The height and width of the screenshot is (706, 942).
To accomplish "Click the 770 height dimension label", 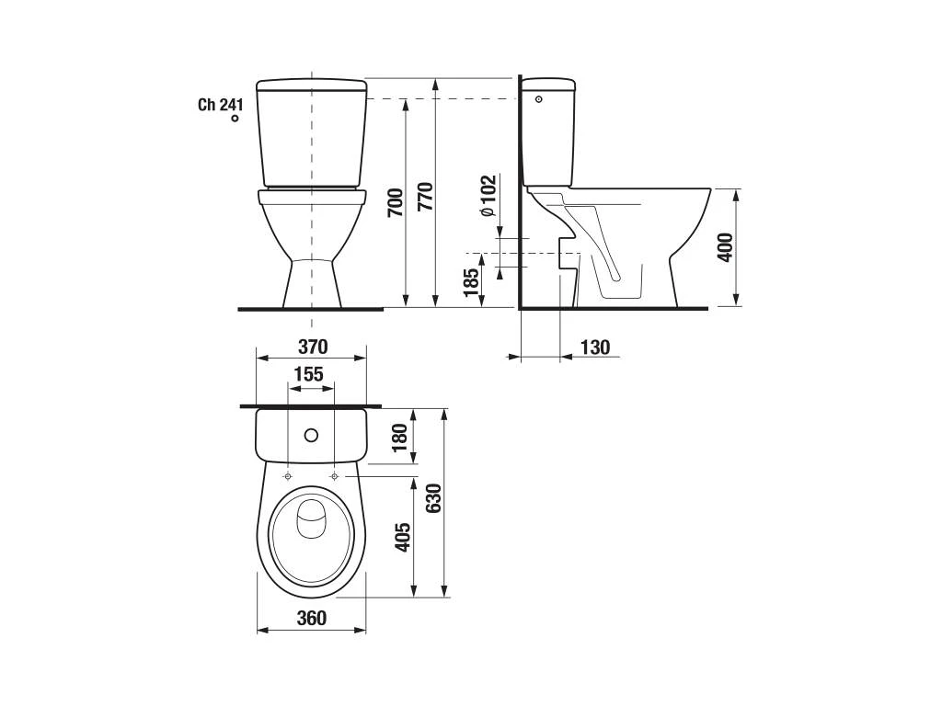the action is pos(425,196).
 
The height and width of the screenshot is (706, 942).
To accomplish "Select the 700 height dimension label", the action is pos(396,203).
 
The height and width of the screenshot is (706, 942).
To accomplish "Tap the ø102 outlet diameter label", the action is pos(488,196).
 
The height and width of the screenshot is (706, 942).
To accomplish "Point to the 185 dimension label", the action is pos(471,282).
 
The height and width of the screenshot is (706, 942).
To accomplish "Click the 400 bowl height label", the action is pos(726,247).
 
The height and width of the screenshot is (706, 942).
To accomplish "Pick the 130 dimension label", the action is pos(595,347).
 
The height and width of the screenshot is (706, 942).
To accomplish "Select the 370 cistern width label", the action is pos(313,347).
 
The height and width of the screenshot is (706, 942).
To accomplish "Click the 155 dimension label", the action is pos(309,374).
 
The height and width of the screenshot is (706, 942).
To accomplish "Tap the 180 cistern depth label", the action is pos(399,437).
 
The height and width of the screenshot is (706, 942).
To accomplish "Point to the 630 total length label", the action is pos(433,498).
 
